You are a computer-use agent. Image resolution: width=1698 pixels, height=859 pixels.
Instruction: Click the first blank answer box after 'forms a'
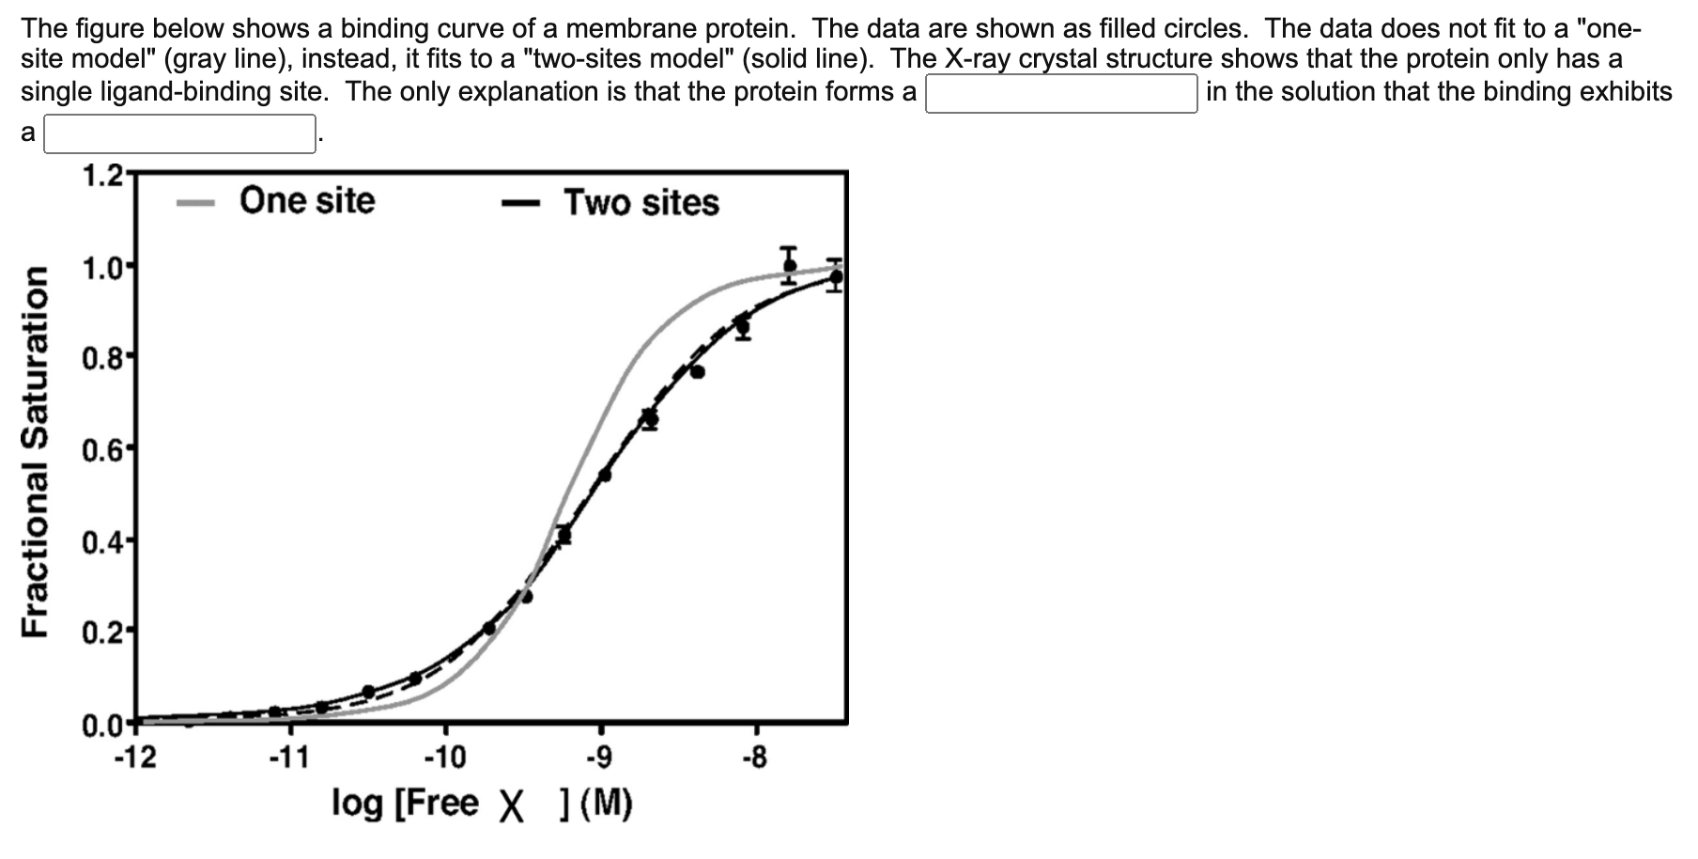pyautogui.click(x=1061, y=93)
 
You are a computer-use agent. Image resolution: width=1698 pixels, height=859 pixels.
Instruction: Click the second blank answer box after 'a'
pyautogui.click(x=179, y=133)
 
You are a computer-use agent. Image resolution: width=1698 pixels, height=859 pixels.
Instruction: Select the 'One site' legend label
pyautogui.click(x=306, y=200)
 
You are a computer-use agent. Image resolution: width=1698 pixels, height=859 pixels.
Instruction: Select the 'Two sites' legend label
pyautogui.click(x=641, y=202)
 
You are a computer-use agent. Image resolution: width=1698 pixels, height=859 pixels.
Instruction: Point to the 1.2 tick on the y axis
pyautogui.click(x=101, y=175)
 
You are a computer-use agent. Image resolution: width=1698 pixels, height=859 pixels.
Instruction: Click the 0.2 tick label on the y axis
pyautogui.click(x=101, y=633)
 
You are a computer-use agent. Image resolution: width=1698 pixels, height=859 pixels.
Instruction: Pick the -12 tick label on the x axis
pyautogui.click(x=135, y=757)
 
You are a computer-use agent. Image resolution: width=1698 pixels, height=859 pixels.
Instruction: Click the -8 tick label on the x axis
pyautogui.click(x=754, y=757)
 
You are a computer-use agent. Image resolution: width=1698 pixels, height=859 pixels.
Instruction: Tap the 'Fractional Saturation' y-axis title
pyautogui.click(x=36, y=451)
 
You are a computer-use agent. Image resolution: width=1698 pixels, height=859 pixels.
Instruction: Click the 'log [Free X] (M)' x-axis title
pyautogui.click(x=482, y=804)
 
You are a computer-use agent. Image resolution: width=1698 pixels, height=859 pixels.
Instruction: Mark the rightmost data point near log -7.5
pyautogui.click(x=836, y=276)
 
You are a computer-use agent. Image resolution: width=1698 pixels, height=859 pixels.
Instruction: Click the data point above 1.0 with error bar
pyautogui.click(x=789, y=265)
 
